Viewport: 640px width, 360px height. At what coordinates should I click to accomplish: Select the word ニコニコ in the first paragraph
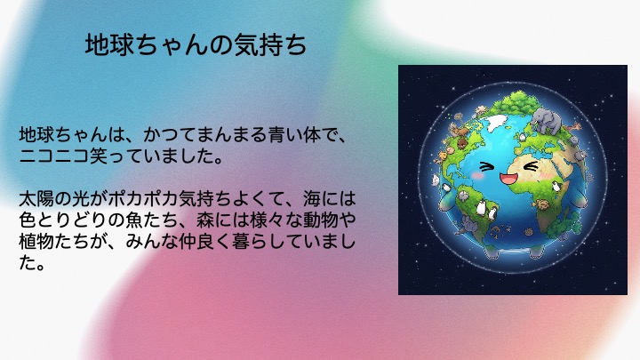pos(54,156)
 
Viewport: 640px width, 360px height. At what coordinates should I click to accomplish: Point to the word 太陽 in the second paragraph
pos(36,199)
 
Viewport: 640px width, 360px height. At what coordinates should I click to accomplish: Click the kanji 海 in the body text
pos(312,199)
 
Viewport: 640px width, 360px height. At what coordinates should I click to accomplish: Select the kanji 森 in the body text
pos(205,220)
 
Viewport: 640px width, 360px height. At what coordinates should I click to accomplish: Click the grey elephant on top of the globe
pos(546,120)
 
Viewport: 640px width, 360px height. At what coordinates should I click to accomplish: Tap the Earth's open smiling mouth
pos(508,179)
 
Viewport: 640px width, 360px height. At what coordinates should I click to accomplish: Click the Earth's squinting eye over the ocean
pos(486,166)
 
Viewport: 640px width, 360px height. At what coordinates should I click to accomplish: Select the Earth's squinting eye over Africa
pos(530,165)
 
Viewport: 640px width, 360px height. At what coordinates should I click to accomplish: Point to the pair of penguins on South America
pos(486,209)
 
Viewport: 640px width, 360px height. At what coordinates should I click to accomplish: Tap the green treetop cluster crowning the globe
pos(515,102)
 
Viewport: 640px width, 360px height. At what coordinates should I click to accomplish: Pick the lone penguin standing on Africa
pos(556,186)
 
